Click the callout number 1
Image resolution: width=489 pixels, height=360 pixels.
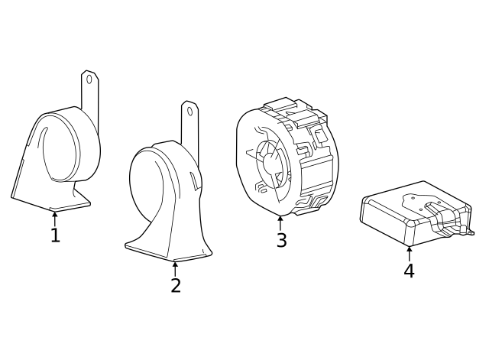55,235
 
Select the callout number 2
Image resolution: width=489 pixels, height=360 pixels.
176,285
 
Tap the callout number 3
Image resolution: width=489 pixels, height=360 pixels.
281,240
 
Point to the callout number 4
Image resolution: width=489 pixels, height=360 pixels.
410,271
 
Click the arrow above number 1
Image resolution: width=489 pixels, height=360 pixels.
55,219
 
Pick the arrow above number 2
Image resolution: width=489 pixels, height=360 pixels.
175,269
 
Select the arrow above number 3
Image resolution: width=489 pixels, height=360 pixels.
280,223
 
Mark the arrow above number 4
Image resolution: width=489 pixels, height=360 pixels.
410,255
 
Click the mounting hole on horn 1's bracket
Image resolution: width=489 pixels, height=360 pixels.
89,79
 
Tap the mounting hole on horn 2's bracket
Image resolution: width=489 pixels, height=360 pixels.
189,112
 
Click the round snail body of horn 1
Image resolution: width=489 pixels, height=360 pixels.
67,145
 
